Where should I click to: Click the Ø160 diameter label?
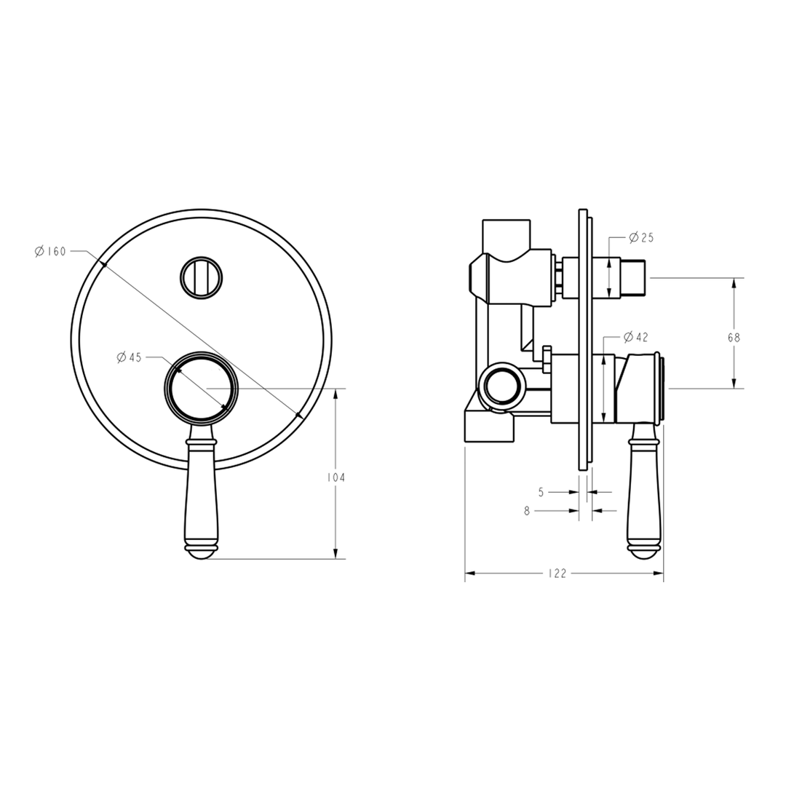50,252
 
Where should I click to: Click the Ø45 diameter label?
129,357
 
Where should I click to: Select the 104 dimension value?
336,477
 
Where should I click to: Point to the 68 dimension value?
734,337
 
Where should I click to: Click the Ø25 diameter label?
640,237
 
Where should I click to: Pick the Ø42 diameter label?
636,337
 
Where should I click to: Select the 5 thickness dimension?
541,492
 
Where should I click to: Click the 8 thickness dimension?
527,511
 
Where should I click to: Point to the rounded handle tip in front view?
202,552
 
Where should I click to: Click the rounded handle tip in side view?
644,552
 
